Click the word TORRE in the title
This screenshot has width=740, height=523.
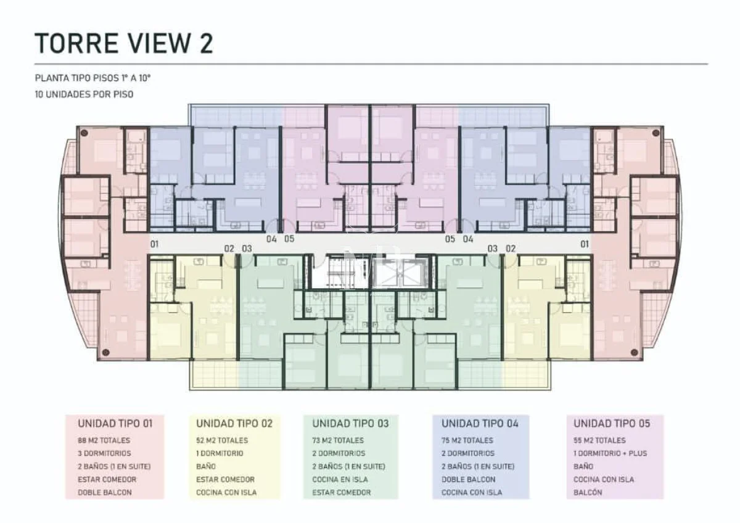tap(76, 43)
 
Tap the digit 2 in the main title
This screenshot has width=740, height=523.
tap(207, 43)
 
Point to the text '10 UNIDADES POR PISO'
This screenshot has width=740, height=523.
tap(84, 94)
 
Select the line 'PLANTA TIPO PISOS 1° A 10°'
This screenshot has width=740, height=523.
tap(93, 78)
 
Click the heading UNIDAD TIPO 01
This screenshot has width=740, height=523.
tap(115, 424)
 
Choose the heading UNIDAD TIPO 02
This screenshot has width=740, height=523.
tap(234, 424)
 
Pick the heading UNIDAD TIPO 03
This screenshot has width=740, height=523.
tap(350, 424)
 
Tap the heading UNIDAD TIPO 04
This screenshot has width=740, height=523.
tap(480, 424)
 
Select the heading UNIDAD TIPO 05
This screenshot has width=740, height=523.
tap(612, 424)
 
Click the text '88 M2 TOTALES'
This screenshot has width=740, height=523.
tap(104, 440)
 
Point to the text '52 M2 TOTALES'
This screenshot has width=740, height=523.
tap(221, 440)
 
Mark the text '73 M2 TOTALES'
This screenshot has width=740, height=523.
tap(338, 440)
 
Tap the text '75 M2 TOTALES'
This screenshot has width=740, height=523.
tap(467, 440)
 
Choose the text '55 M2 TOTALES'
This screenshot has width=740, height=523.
tap(599, 440)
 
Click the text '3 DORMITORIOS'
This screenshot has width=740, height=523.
tap(104, 453)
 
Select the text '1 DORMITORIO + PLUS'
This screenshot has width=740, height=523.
tap(610, 453)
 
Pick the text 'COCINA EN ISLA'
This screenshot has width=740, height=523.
tap(340, 479)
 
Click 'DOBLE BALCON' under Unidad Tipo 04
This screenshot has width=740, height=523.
tap(469, 479)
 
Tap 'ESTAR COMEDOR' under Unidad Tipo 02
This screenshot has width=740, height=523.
tap(225, 479)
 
